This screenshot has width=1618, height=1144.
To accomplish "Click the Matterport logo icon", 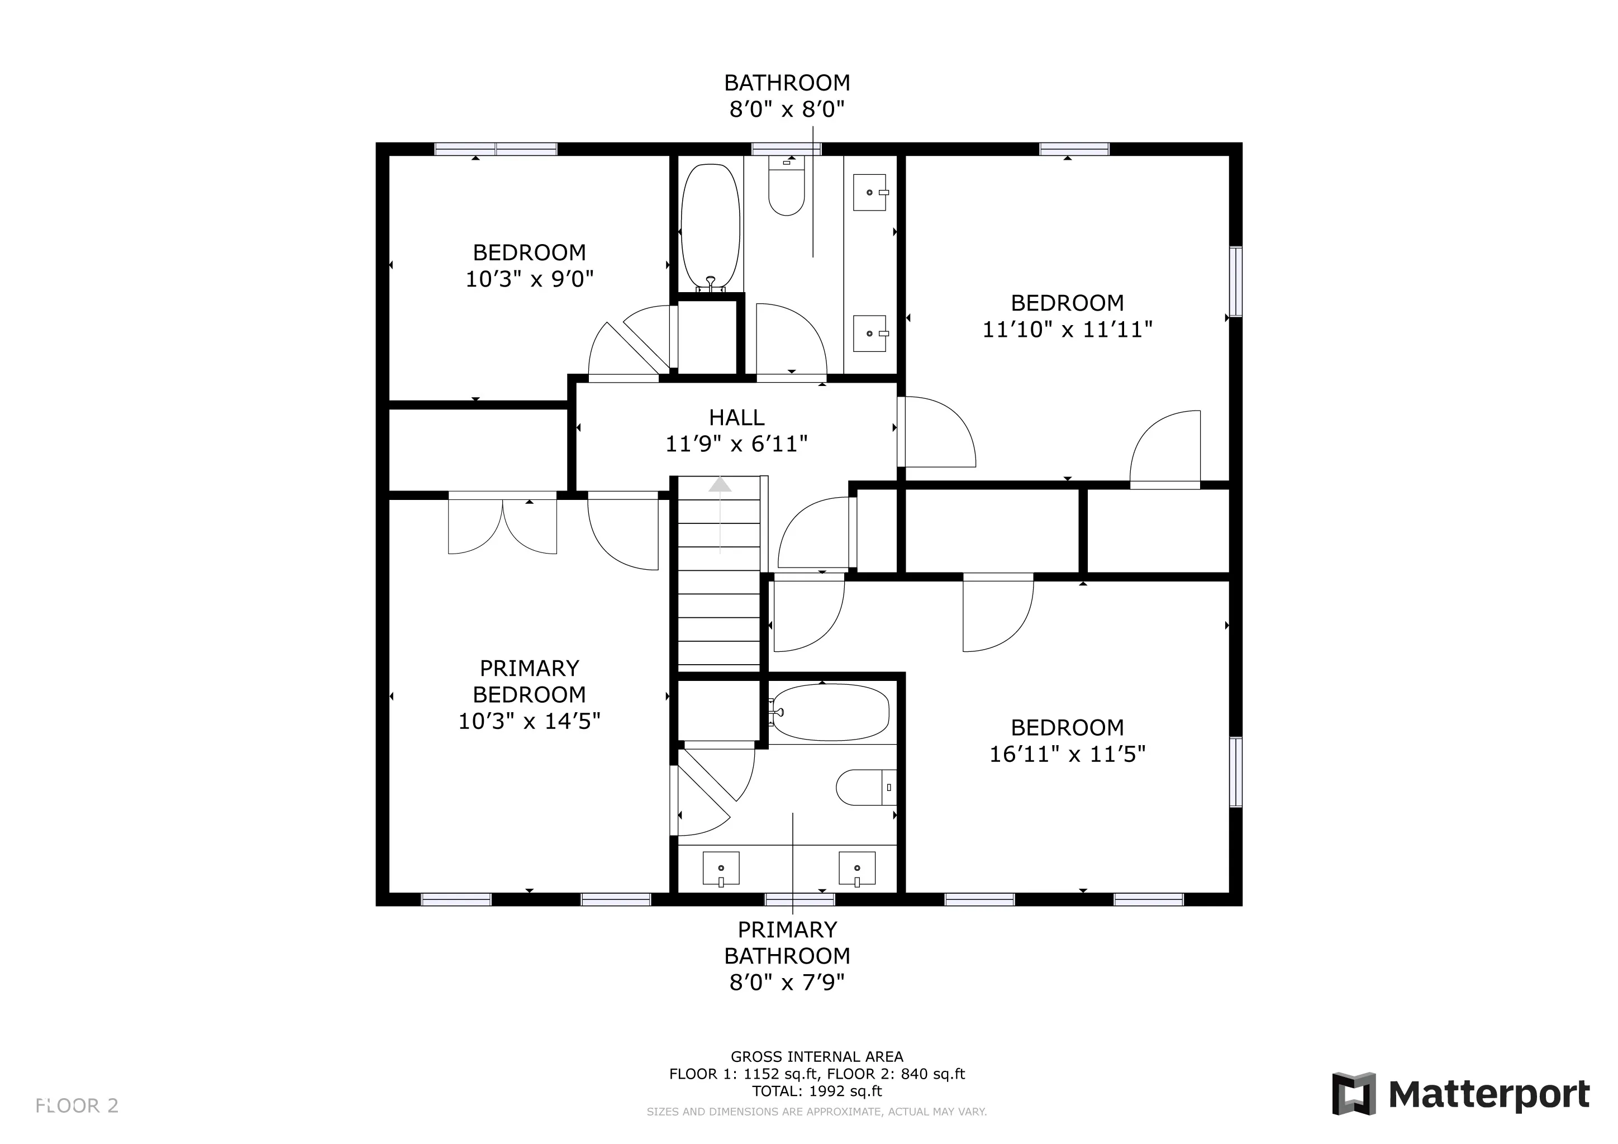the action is click(x=1353, y=1093).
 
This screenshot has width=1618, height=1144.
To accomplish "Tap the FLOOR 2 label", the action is click(x=77, y=1105).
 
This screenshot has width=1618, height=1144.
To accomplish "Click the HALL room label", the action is click(x=736, y=418).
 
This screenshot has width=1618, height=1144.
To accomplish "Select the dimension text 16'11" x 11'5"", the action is click(x=1067, y=755).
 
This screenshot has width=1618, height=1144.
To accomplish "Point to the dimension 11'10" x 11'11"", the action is click(x=1067, y=330).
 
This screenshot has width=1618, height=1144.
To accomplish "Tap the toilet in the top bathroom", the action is click(x=787, y=184).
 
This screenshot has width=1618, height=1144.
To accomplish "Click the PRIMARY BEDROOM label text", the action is click(x=529, y=681).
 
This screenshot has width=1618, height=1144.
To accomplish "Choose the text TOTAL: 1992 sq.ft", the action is click(x=817, y=1091).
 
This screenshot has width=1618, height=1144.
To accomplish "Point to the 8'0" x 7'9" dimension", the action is click(x=787, y=982).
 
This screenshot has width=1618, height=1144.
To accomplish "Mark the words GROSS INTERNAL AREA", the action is click(x=817, y=1057).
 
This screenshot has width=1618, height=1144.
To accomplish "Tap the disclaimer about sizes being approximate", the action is click(x=817, y=1112).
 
